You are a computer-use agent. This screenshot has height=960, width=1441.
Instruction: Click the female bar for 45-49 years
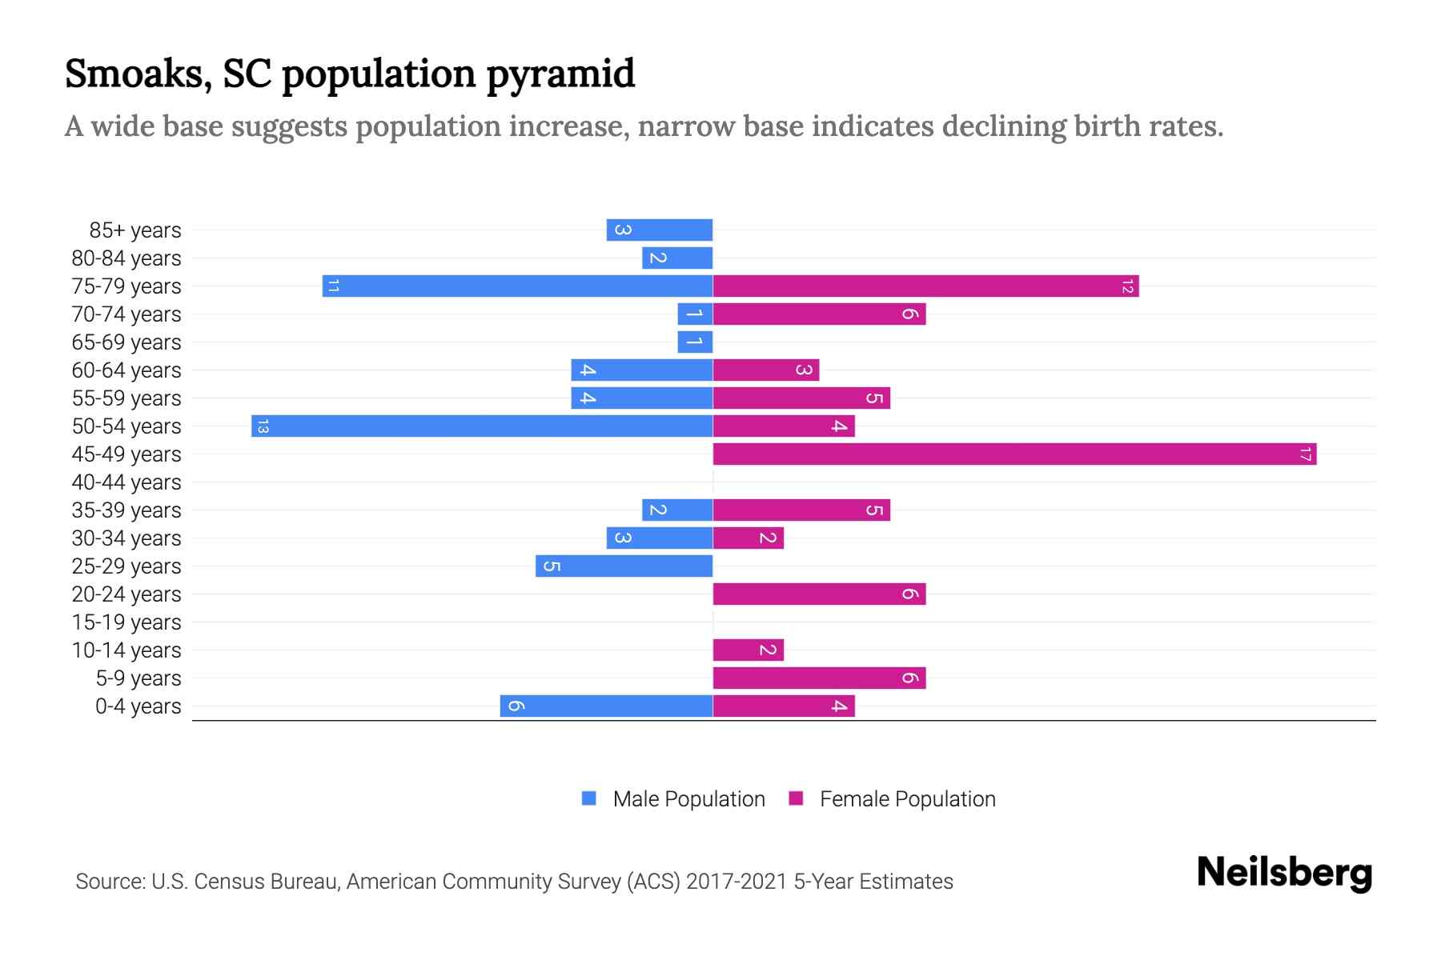click(1014, 454)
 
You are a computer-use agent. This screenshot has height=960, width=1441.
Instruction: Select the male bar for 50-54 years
click(482, 426)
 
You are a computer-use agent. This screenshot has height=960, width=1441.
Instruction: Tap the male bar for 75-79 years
click(517, 286)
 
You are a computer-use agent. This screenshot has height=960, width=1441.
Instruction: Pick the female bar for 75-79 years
click(925, 286)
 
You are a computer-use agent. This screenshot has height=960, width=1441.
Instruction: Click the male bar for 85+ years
click(660, 230)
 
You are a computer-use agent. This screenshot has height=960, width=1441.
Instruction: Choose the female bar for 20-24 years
click(819, 594)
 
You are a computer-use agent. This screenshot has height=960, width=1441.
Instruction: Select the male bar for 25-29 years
click(624, 566)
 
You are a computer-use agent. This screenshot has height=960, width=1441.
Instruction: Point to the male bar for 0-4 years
click(606, 706)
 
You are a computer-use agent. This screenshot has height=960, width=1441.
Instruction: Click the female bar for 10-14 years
click(748, 650)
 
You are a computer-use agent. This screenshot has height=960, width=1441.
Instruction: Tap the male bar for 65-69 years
click(695, 342)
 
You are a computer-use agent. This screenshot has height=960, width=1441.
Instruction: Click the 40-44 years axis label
click(126, 482)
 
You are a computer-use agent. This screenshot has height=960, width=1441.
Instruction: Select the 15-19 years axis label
click(126, 622)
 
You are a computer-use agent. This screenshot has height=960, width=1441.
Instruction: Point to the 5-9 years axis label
click(138, 678)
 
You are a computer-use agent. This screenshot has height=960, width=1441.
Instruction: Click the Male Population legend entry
click(673, 799)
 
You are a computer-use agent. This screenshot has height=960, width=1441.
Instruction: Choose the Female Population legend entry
click(892, 799)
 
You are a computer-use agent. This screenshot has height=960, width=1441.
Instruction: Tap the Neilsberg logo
click(1284, 873)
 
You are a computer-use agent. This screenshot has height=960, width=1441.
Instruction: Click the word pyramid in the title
click(560, 74)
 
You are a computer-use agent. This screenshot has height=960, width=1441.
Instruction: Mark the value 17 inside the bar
click(1305, 454)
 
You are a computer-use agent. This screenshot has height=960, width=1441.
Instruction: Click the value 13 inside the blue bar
click(263, 426)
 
